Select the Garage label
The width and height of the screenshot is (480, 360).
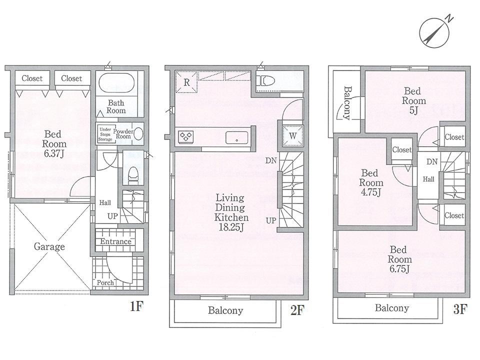(49, 246)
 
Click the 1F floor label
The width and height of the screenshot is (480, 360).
(137, 306)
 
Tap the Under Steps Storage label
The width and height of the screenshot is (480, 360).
(105, 133)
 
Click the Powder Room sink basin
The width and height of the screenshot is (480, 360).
(137, 133)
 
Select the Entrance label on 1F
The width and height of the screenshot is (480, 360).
(115, 241)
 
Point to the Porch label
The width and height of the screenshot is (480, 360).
(105, 282)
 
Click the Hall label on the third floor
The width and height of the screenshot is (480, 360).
(428, 179)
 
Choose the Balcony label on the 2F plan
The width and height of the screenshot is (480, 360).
(225, 310)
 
